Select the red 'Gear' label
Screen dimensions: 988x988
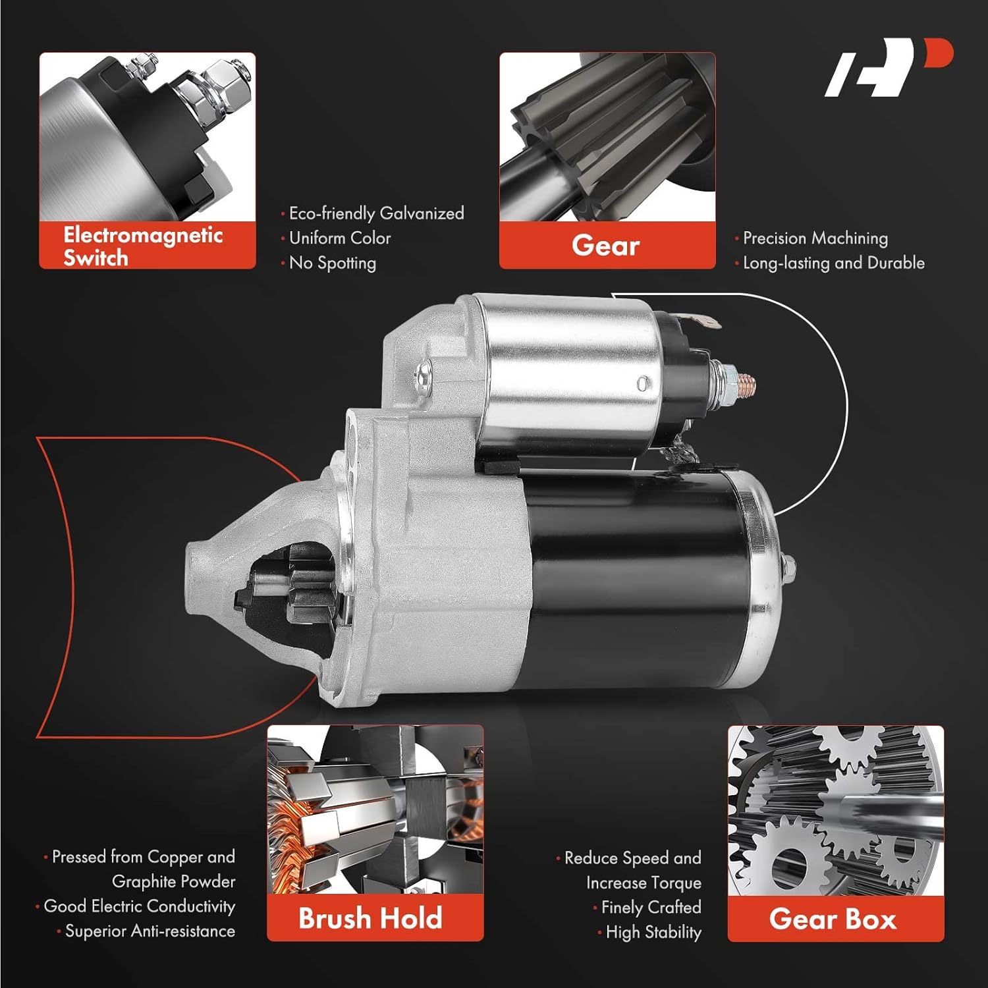point(606,246)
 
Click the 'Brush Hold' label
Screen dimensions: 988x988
point(370,918)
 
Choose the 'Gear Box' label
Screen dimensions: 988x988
point(833,919)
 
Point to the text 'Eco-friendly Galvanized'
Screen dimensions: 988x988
point(376,213)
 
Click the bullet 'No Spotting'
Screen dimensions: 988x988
point(333,263)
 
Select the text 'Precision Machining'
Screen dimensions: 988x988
point(815,238)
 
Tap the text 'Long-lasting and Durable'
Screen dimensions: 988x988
point(833,263)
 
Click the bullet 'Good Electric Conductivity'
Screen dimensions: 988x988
point(139,906)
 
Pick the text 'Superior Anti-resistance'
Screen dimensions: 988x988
point(150,931)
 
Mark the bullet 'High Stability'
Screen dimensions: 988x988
point(653,932)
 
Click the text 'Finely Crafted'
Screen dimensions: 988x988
point(651,908)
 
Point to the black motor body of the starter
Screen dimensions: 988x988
point(632,580)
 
